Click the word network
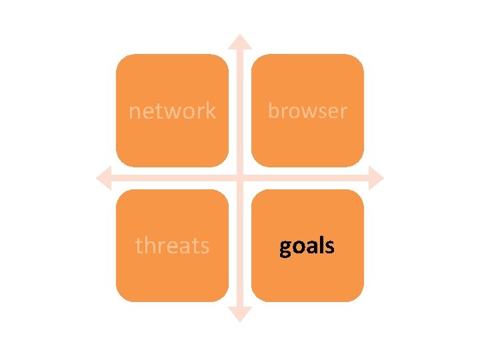tap(172, 111)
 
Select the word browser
tap(307, 111)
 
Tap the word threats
tap(172, 245)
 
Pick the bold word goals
tap(307, 246)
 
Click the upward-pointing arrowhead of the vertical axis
tap(240, 41)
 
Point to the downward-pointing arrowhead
tap(240, 315)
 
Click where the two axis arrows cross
tap(240, 178)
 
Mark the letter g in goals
tap(285, 248)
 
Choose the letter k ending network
tap(211, 110)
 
